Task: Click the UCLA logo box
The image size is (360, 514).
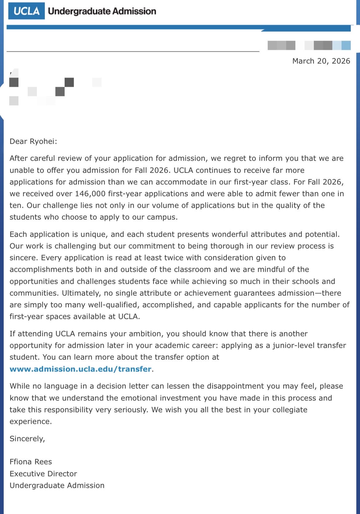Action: (x=26, y=11)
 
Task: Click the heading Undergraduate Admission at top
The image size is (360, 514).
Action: (x=102, y=11)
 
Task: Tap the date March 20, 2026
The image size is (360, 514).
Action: (x=321, y=61)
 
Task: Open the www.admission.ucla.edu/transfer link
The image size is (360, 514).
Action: (x=80, y=369)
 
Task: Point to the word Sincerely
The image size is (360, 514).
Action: (x=27, y=439)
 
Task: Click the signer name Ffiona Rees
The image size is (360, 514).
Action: (x=31, y=462)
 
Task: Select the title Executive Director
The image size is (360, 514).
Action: (x=43, y=474)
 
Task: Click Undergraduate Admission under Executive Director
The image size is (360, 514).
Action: (x=57, y=485)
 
